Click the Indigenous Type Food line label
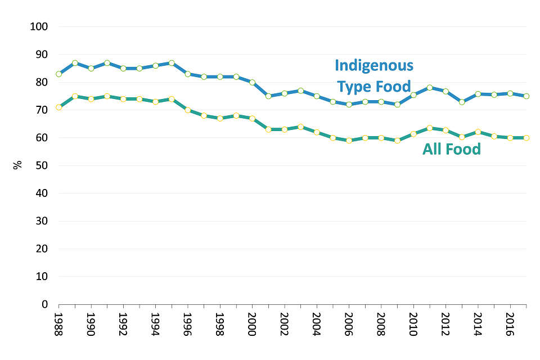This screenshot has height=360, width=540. click(374, 76)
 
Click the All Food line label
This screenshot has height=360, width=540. click(452, 149)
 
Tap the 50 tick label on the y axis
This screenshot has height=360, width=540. click(42, 165)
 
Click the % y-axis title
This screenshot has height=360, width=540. click(17, 165)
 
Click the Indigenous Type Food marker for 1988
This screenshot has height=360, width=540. click(58, 74)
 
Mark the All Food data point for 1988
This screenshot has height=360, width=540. click(58, 107)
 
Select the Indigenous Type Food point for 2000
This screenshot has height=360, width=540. click(252, 82)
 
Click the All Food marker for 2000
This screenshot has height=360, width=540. click(252, 118)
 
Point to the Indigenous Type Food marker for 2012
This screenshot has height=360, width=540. click(445, 91)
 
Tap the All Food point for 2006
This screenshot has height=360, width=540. click(349, 141)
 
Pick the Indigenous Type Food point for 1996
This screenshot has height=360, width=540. click(187, 74)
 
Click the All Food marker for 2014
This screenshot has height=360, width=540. click(478, 132)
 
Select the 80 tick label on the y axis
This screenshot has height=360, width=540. click(42, 82)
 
